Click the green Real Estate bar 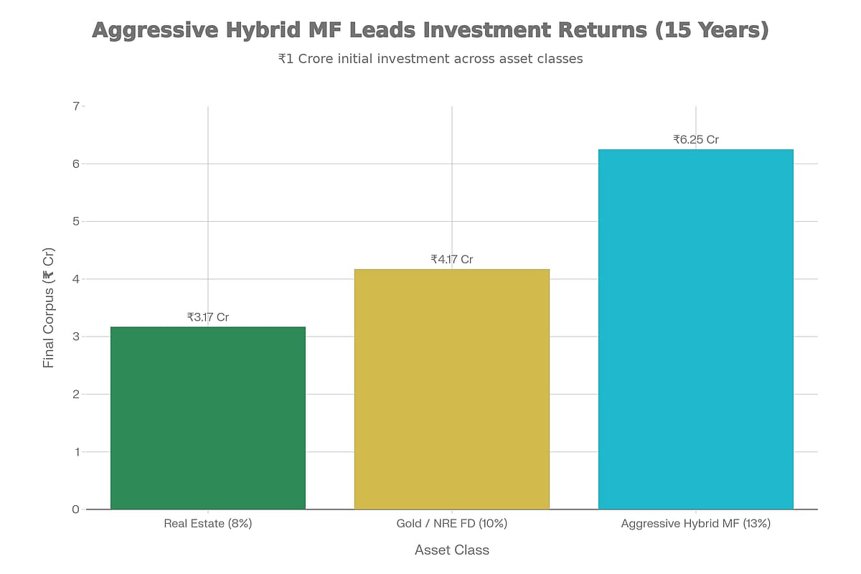click(x=208, y=418)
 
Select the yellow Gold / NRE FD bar click(x=452, y=389)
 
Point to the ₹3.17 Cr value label click(x=208, y=316)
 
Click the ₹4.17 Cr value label click(x=452, y=259)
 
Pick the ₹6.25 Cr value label click(x=696, y=139)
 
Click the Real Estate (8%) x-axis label click(x=208, y=524)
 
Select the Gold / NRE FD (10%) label click(x=452, y=524)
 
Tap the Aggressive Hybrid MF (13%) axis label click(x=696, y=524)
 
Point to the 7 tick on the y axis click(x=75, y=106)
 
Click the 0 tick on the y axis click(x=75, y=509)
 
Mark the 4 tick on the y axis click(x=75, y=279)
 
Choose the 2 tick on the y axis click(x=75, y=394)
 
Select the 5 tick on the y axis click(x=75, y=221)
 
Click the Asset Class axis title click(x=452, y=550)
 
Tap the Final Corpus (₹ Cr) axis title click(x=49, y=308)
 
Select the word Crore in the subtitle click(x=321, y=59)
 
